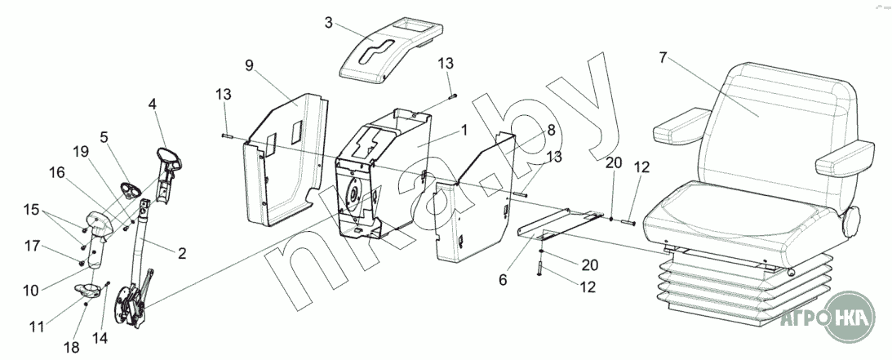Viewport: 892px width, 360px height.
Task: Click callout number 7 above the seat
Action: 663,58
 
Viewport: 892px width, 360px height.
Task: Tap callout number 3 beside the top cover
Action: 328,23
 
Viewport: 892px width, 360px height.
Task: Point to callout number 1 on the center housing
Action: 464,130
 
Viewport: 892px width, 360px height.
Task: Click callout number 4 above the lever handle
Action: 152,104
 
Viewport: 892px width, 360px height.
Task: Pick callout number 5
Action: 104,137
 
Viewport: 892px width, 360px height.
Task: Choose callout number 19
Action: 79,151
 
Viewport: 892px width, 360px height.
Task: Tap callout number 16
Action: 56,172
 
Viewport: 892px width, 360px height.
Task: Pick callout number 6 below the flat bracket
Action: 503,279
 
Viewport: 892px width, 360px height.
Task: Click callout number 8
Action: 551,130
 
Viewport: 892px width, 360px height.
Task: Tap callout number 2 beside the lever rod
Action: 181,254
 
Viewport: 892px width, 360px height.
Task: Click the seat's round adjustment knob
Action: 853,220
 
